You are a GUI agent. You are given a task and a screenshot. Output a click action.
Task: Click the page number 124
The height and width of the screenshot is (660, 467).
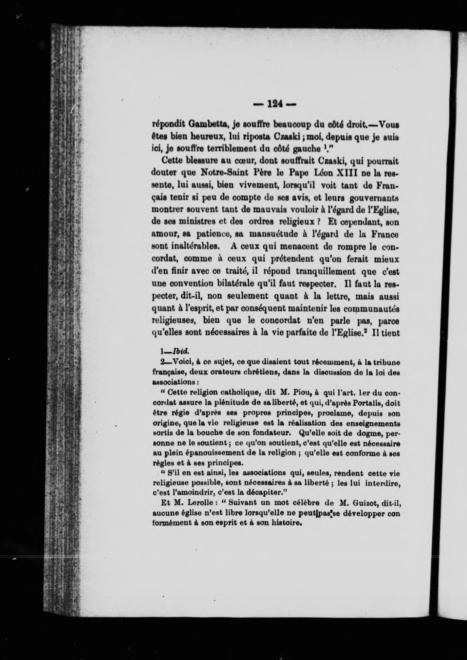click(x=275, y=104)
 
